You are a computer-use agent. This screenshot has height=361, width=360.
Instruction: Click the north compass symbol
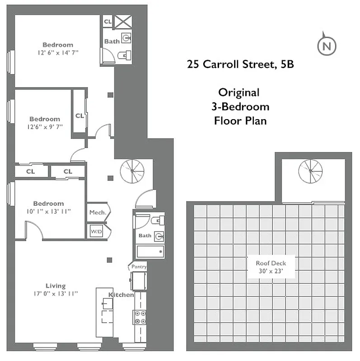click(x=327, y=46)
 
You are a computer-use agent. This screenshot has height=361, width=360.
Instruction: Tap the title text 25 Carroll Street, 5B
click(x=240, y=64)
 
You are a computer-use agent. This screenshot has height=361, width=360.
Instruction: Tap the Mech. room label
click(x=97, y=212)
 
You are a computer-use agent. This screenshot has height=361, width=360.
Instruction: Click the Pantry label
click(x=139, y=267)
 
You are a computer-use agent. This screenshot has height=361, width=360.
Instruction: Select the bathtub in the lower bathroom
click(x=150, y=252)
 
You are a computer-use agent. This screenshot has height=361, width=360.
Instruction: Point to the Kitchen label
click(x=121, y=295)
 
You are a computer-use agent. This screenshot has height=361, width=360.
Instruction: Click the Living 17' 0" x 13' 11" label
click(x=56, y=289)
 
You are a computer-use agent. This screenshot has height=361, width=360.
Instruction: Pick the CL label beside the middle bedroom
click(x=79, y=116)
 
